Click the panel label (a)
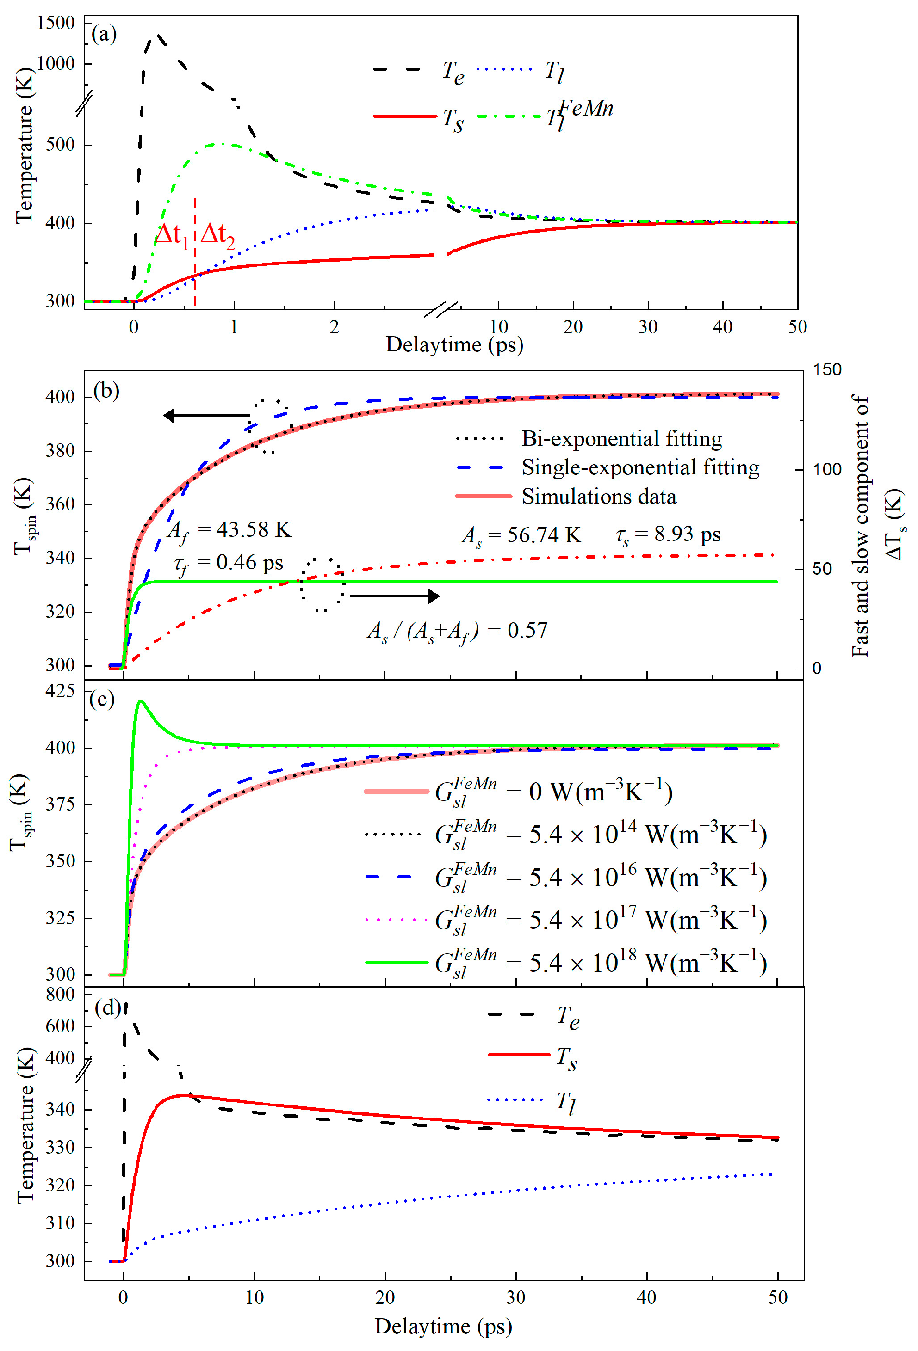[104, 34]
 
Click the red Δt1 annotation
[172, 235]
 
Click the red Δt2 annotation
[217, 235]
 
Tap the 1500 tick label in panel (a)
[56, 23]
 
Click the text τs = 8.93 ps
[668, 535]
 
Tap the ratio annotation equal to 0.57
[457, 631]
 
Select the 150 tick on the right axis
[826, 370]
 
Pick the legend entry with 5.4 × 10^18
[599, 963]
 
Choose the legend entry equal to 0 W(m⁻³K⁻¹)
[552, 792]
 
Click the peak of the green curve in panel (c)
[141, 701]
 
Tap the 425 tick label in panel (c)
[60, 691]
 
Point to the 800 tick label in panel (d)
[60, 995]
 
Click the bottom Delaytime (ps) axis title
[443, 1326]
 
